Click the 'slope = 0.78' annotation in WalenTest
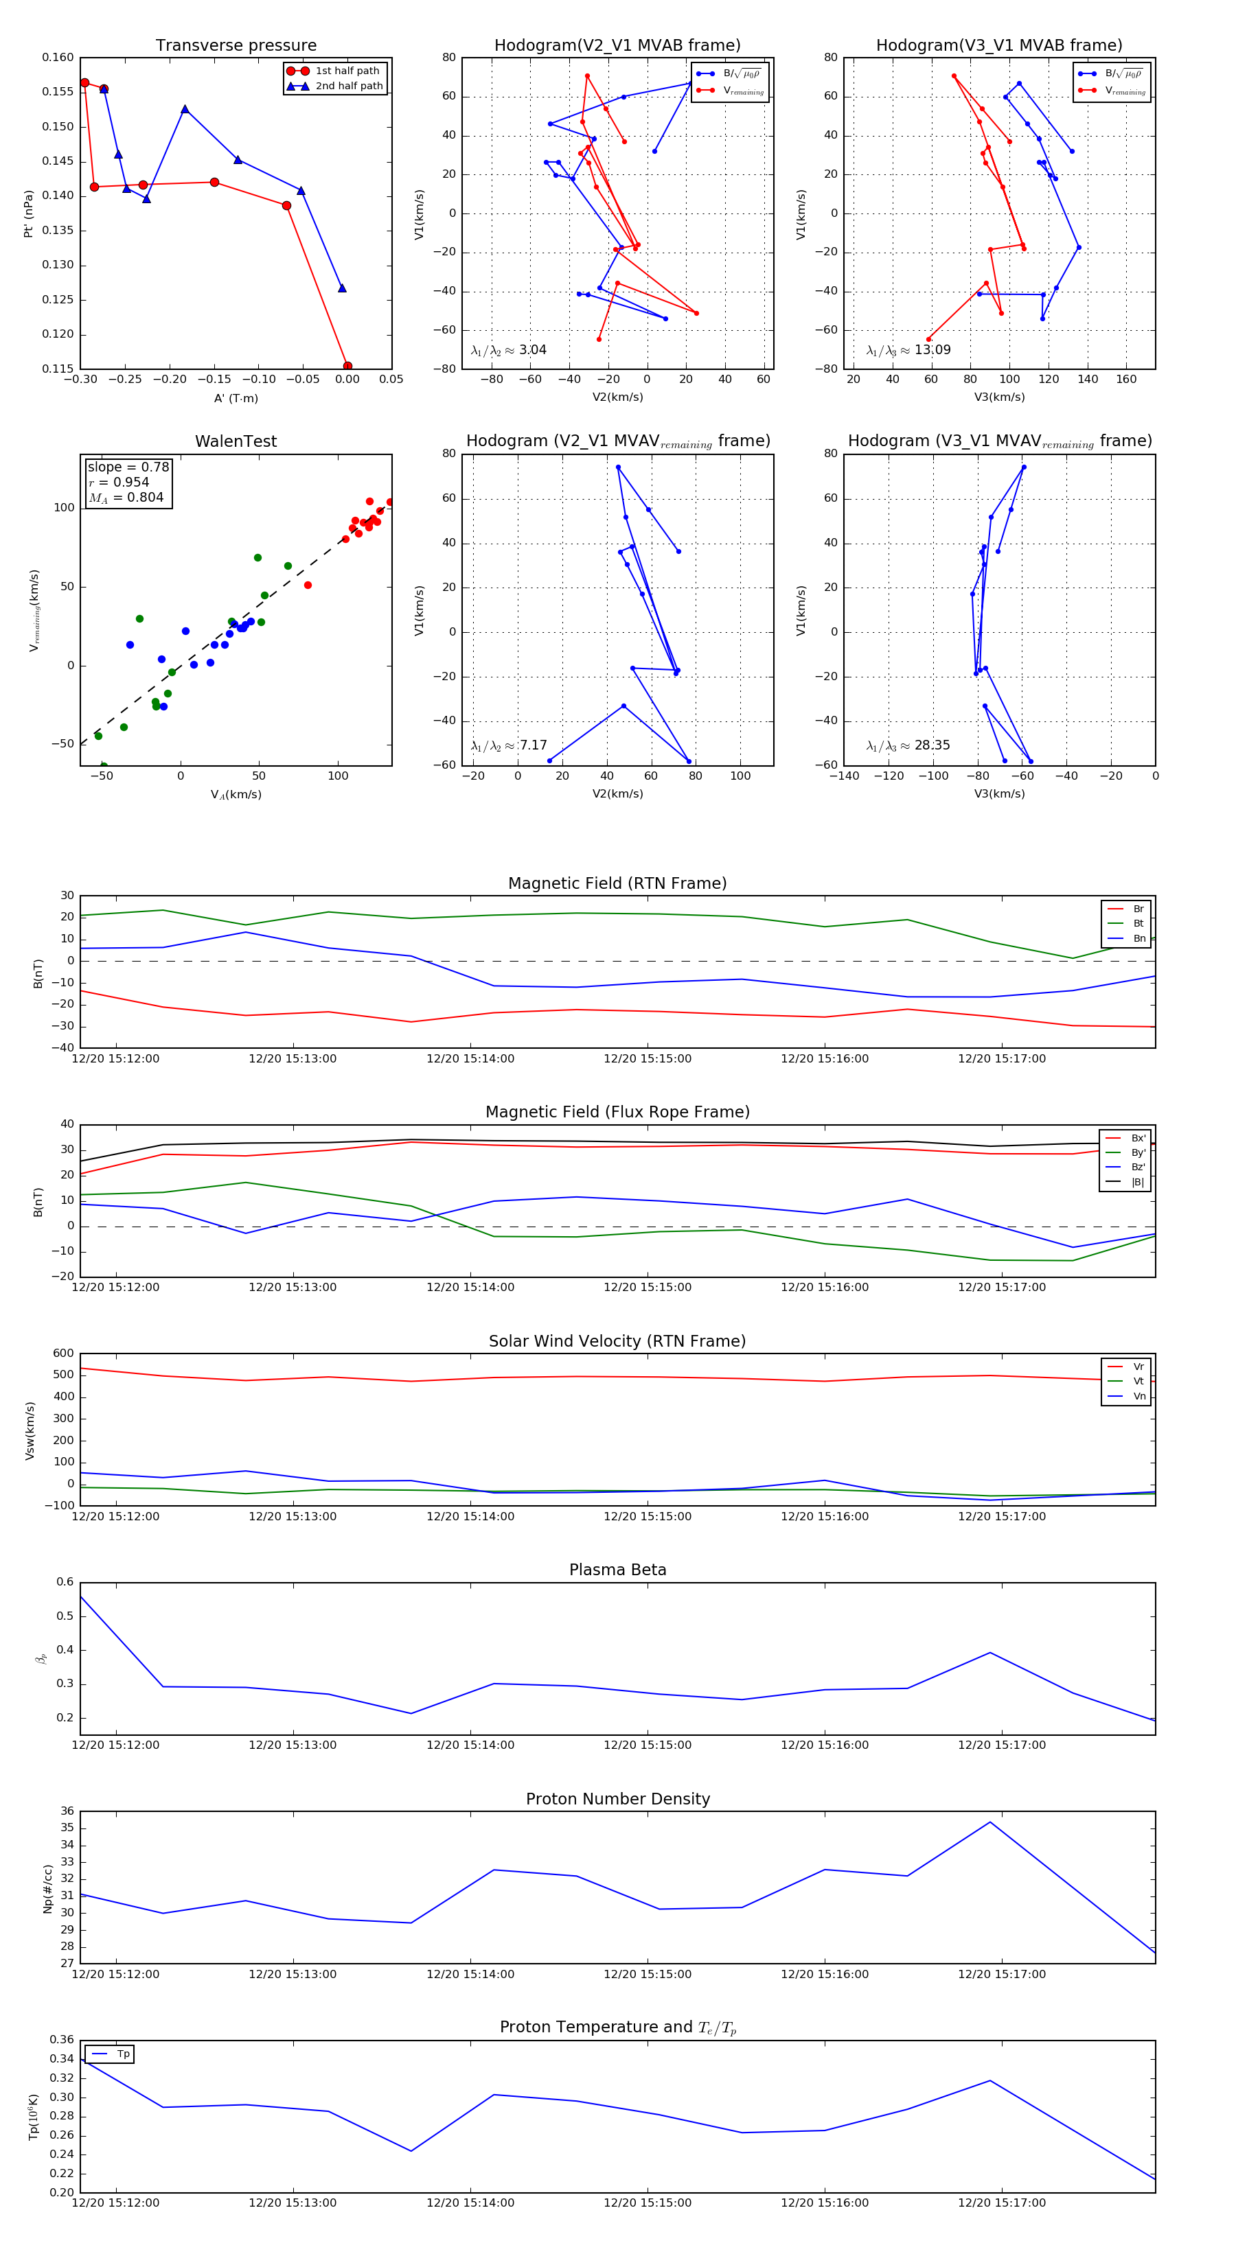pyautogui.click(x=128, y=467)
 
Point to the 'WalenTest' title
pyautogui.click(x=236, y=441)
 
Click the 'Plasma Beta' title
pyautogui.click(x=617, y=1570)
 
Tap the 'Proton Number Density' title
pyautogui.click(x=617, y=1799)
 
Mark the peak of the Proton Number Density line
pyautogui.click(x=989, y=1822)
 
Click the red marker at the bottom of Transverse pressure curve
pyautogui.click(x=347, y=366)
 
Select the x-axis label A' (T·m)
pyautogui.click(x=236, y=398)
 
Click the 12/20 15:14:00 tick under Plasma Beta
pyautogui.click(x=470, y=1745)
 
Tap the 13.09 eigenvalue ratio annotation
pyautogui.click(x=908, y=350)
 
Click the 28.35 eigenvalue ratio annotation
pyautogui.click(x=908, y=745)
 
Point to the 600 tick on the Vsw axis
pyautogui.click(x=63, y=1354)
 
